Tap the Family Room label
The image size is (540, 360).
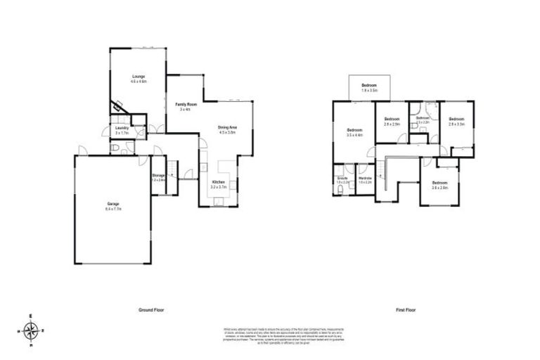(185, 104)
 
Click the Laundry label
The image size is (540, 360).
(122, 128)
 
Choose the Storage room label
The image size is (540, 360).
(158, 175)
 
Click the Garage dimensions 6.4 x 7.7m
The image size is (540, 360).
(113, 210)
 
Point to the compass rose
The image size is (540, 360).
(31, 330)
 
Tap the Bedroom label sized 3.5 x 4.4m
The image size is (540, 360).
(354, 130)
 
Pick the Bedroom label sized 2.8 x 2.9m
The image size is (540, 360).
(392, 120)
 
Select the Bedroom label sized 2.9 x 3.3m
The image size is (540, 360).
(456, 120)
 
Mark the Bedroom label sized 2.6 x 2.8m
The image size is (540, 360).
(439, 184)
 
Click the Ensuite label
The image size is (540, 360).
(343, 178)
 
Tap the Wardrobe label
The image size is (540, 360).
(364, 178)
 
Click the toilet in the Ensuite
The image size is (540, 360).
(340, 169)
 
